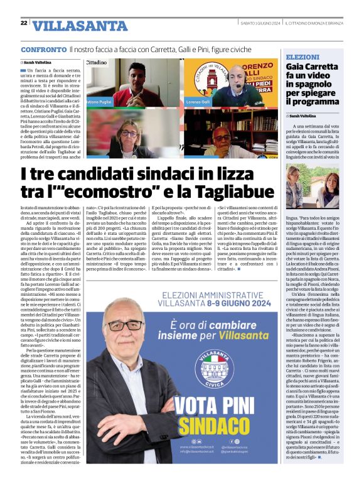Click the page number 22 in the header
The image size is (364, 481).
[x=23, y=23]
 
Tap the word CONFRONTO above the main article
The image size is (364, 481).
[x=43, y=49]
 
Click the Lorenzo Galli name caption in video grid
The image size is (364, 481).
[x=198, y=102]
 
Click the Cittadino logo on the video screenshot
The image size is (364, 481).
[x=96, y=63]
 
